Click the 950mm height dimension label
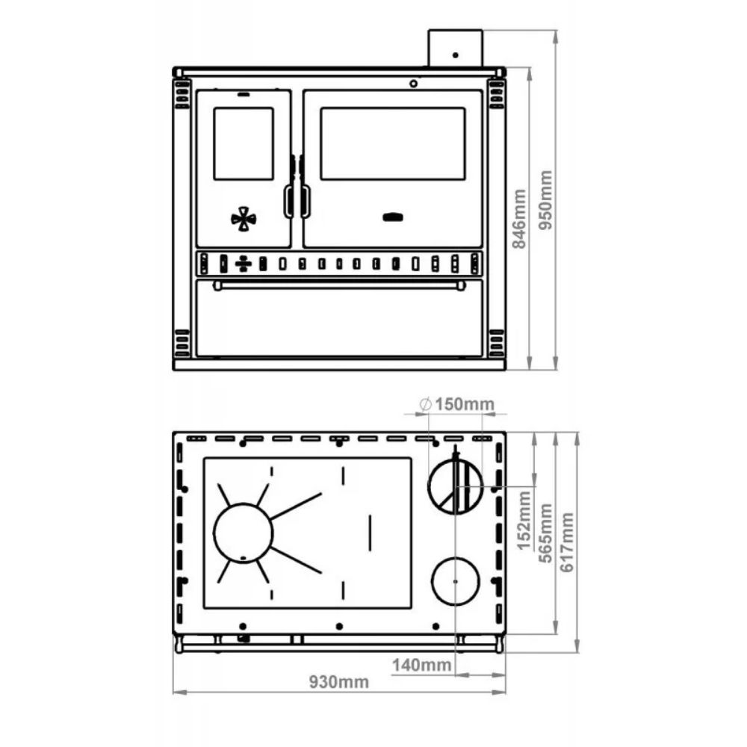click(545, 200)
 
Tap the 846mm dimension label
click(519, 219)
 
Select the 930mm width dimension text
click(339, 682)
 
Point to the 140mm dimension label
click(421, 665)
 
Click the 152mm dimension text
click(524, 520)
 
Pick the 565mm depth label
click(545, 533)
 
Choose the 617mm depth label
click(567, 542)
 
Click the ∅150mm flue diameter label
click(457, 404)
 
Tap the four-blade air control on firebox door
click(244, 219)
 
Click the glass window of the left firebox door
click(244, 144)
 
